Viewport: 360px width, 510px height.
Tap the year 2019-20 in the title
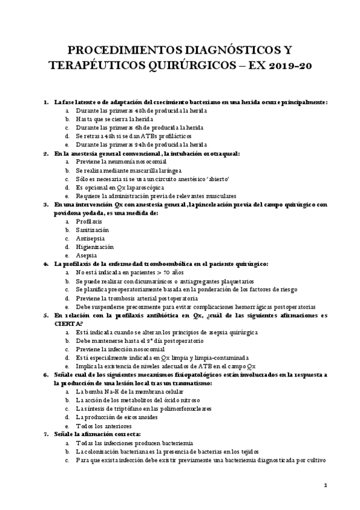[290, 64]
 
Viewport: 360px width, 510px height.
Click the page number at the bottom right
[325, 485]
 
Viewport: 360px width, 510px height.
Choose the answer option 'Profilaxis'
[88, 221]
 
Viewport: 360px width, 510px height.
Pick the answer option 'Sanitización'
[92, 230]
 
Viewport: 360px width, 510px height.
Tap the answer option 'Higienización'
[94, 247]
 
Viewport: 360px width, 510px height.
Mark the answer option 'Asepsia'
[87, 255]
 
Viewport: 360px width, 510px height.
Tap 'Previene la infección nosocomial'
[120, 349]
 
